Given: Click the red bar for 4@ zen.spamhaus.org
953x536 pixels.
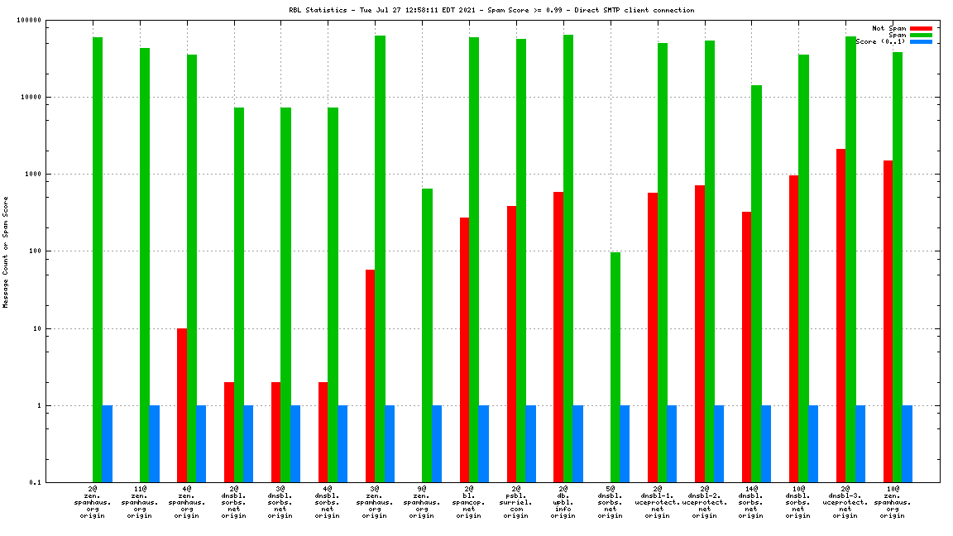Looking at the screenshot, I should coord(181,405).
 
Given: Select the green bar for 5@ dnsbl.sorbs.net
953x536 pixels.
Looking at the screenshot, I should coord(615,367).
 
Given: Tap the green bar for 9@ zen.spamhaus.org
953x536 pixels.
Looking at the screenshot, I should coord(427,335).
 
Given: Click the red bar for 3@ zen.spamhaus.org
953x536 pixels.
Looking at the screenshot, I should coord(370,376).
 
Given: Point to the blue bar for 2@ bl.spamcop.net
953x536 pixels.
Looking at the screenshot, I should coord(483,443).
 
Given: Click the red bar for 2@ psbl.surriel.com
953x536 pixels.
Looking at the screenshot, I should coord(511,344).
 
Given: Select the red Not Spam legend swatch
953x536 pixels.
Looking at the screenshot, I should coord(921,28).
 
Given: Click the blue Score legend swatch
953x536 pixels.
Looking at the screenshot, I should coord(921,41).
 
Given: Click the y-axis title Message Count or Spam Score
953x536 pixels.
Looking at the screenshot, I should coord(6,251).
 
